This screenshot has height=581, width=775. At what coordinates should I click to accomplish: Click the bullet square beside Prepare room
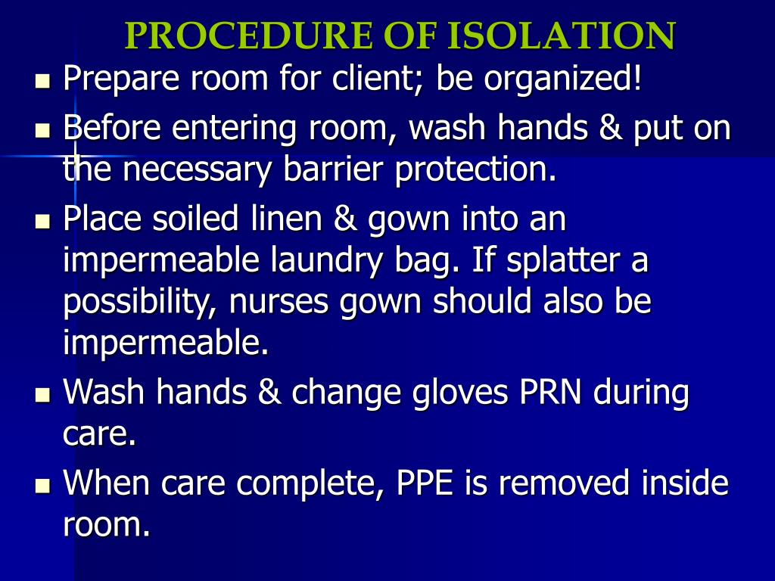pos(42,79)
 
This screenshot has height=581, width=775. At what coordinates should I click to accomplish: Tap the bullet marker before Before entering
pos(42,131)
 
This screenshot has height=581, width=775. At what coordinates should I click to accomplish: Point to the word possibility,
pos(141,303)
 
